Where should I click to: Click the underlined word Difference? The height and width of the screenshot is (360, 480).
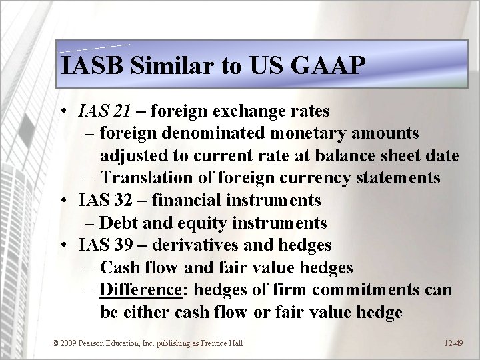pyautogui.click(x=141, y=290)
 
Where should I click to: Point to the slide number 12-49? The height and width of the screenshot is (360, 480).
pyautogui.click(x=453, y=343)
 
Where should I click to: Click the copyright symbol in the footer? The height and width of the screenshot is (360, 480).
pyautogui.click(x=55, y=343)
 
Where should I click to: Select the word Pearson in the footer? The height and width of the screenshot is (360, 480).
pyautogui.click(x=95, y=343)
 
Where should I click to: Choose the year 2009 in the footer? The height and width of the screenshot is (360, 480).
pyautogui.click(x=69, y=343)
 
